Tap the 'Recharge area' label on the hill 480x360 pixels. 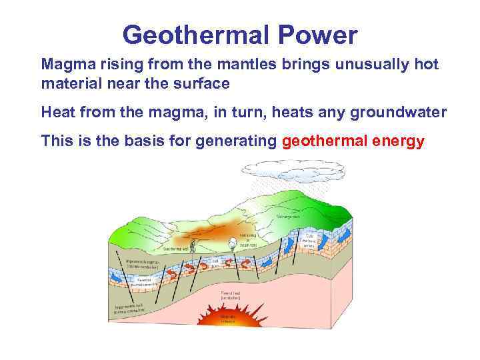(289, 217)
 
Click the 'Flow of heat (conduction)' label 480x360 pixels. (231, 294)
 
